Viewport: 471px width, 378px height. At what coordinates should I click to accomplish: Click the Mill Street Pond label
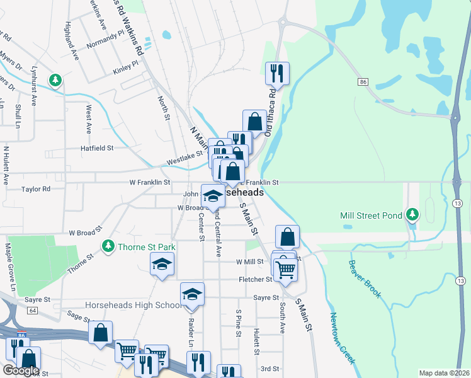click(371, 215)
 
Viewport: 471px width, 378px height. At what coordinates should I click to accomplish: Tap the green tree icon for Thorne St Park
click(109, 244)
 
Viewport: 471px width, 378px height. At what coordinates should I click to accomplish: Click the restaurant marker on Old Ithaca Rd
click(277, 74)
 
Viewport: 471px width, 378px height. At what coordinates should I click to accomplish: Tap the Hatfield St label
click(96, 148)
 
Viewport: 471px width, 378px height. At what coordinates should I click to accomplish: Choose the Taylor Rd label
click(36, 189)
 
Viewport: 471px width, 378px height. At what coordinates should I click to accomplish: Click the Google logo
click(20, 370)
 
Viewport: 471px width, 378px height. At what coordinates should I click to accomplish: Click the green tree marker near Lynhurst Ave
click(57, 80)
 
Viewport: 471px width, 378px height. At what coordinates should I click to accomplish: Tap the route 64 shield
click(32, 310)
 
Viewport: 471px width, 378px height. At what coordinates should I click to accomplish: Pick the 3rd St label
click(270, 369)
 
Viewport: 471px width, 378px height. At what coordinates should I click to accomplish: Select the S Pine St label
click(239, 322)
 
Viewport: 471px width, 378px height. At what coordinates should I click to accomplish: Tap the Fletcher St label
click(255, 279)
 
